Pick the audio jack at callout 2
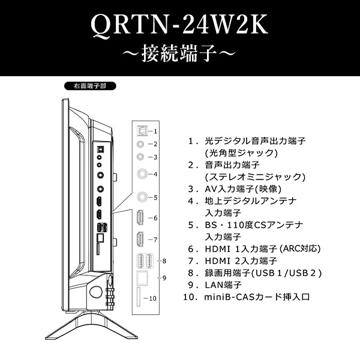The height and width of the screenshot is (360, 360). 141,144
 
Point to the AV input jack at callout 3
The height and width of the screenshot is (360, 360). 141,157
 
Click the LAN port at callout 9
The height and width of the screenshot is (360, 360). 142,278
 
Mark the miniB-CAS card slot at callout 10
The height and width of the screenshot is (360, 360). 139,298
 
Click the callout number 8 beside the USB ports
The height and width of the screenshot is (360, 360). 164,261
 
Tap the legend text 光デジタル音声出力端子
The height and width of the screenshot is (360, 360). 256,141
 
